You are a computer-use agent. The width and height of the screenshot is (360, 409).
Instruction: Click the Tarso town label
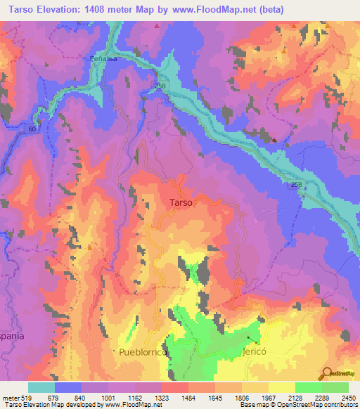tap(181, 202)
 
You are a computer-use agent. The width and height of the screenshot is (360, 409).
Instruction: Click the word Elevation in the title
tap(61, 9)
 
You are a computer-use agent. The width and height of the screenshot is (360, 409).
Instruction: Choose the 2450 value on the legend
tap(348, 398)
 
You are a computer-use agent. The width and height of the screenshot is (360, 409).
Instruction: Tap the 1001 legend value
tap(109, 398)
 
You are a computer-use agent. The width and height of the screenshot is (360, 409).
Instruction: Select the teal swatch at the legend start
tap(41, 387)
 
